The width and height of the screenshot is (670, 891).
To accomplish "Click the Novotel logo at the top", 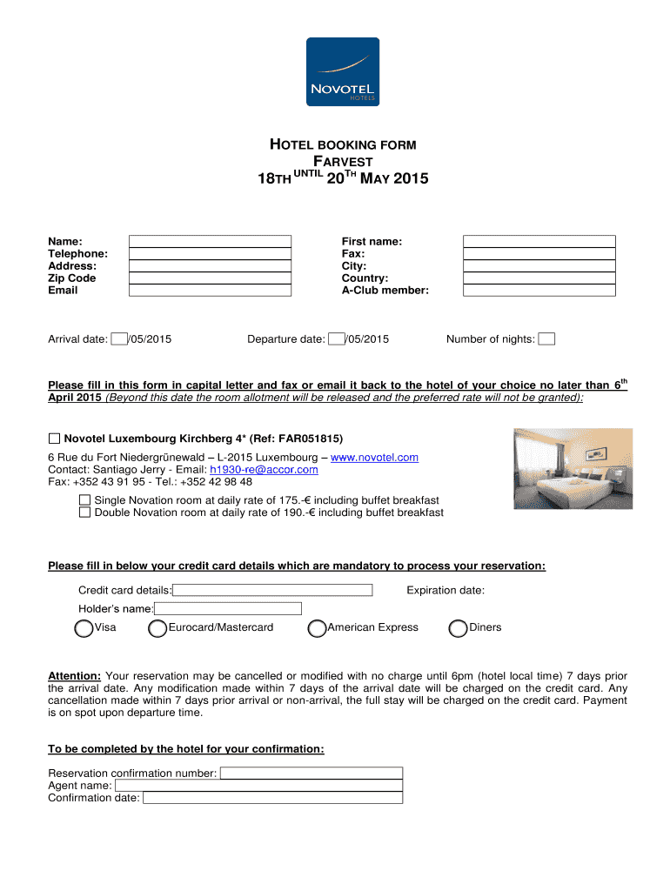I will [342, 72].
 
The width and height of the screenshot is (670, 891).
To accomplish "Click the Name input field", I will [211, 241].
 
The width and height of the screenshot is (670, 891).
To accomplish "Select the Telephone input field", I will [211, 253].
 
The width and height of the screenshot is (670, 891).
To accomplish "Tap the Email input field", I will [211, 290].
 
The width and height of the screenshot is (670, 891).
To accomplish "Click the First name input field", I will [539, 241].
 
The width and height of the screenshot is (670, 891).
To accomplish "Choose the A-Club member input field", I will [539, 290].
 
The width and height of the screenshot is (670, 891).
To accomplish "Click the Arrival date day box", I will [119, 339].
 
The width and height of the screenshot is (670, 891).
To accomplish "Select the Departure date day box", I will [336, 339].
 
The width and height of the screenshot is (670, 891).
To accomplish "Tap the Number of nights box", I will [546, 339].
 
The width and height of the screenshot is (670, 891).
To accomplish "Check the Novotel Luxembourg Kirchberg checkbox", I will [54, 438].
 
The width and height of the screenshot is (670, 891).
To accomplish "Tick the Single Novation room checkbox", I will [84, 500].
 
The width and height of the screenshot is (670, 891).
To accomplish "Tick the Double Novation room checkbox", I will [84, 512].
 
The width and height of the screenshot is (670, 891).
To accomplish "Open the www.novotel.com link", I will [375, 457].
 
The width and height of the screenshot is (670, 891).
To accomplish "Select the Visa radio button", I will [84, 628].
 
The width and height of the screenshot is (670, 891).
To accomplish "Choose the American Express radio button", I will [318, 628].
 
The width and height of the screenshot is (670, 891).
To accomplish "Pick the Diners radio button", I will [458, 628].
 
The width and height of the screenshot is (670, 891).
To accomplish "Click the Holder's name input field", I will [228, 608].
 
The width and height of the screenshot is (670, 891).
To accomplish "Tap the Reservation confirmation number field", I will [312, 773].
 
